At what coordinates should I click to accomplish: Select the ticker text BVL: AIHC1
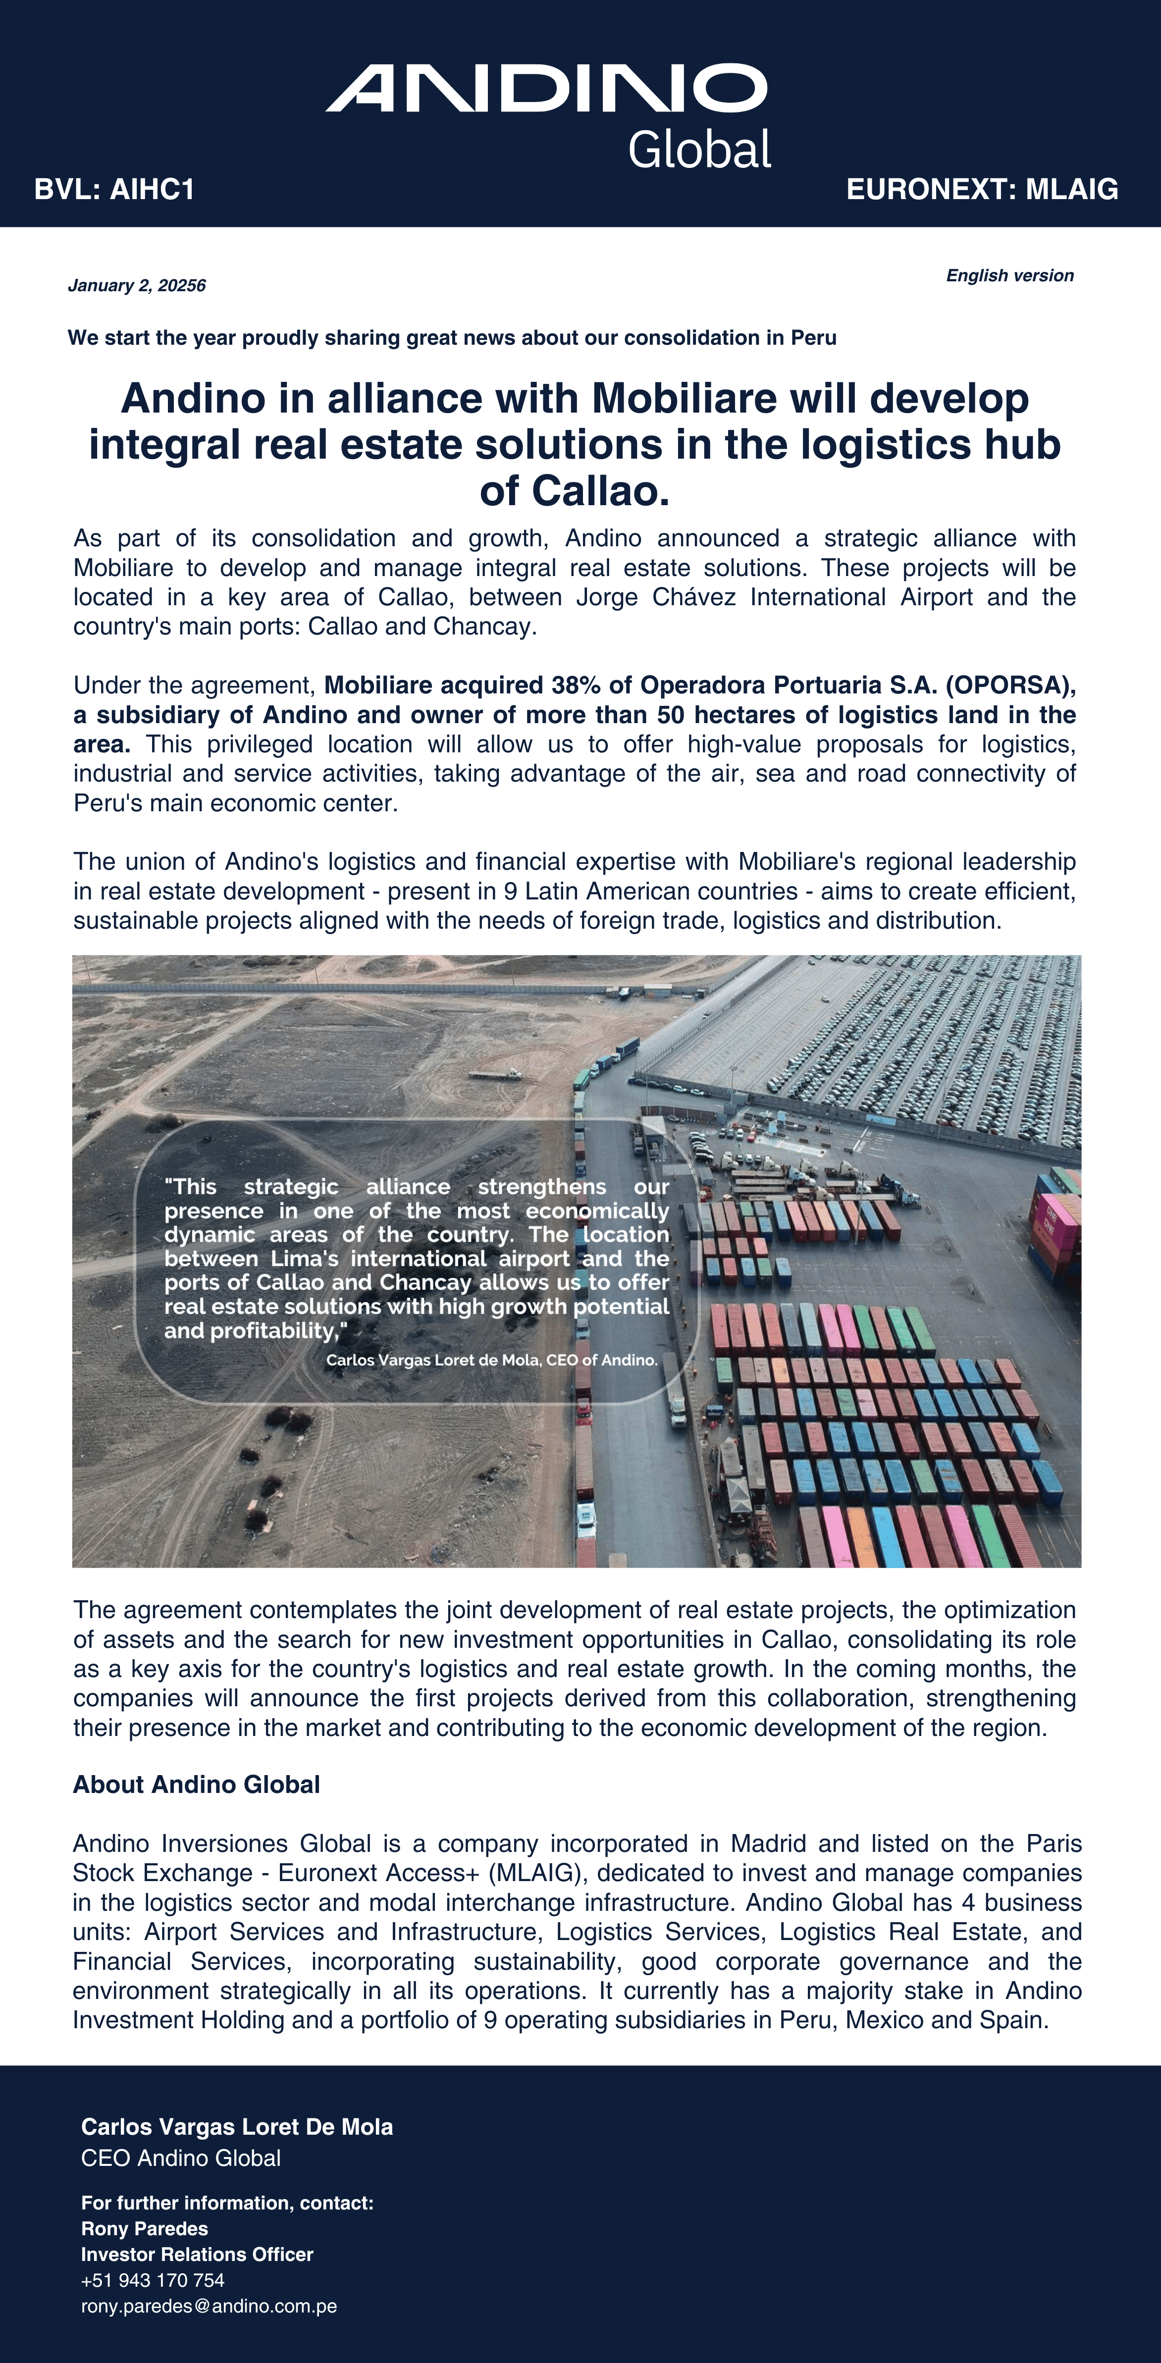[x=114, y=190]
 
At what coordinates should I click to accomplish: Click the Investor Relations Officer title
[x=197, y=2255]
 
